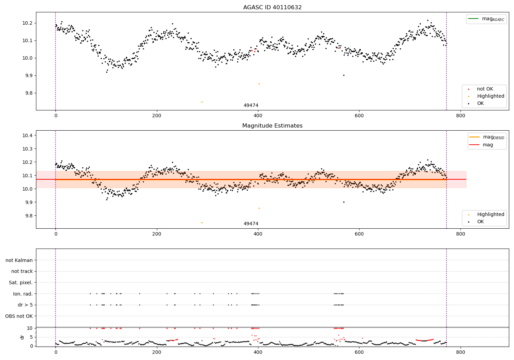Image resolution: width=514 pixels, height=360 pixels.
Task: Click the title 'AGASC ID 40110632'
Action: click(x=272, y=8)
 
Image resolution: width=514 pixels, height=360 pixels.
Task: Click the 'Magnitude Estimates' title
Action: click(x=272, y=126)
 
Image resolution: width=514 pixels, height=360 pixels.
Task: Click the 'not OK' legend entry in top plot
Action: click(x=485, y=89)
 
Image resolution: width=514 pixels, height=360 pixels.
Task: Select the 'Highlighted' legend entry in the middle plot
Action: click(x=490, y=215)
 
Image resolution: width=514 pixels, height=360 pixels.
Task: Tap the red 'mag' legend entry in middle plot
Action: click(x=488, y=145)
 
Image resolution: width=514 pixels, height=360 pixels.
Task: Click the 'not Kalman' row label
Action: click(x=19, y=261)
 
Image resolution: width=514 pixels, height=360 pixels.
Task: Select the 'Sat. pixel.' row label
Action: click(x=21, y=283)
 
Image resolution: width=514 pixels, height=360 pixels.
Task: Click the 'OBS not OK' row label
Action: click(x=19, y=316)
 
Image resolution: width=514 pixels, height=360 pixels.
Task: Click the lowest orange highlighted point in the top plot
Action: click(x=202, y=102)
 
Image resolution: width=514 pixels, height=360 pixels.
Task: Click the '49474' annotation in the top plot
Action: click(x=251, y=106)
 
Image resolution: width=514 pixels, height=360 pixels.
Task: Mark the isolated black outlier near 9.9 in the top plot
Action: click(x=344, y=75)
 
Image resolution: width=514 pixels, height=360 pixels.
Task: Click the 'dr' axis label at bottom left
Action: click(x=22, y=337)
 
